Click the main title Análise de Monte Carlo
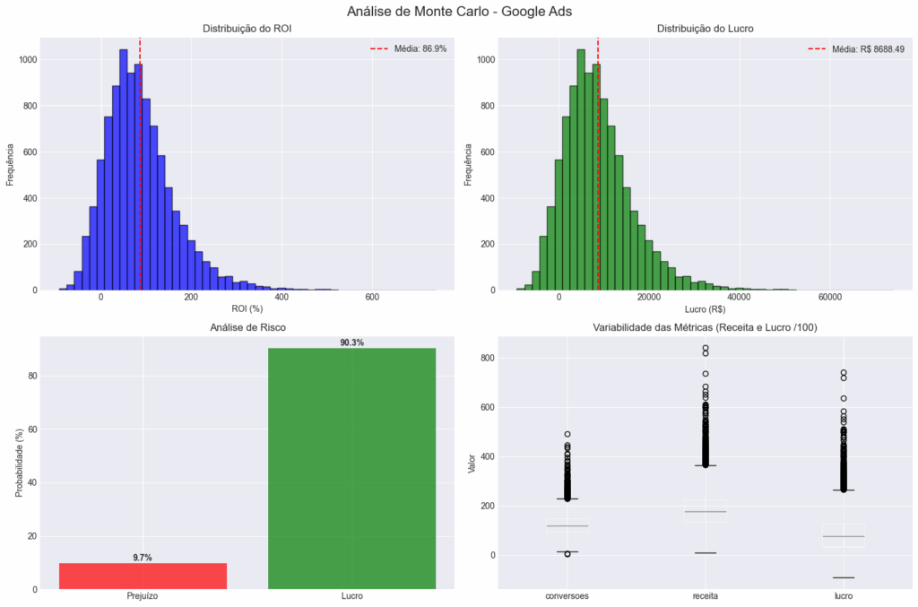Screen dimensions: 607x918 pos(459,12)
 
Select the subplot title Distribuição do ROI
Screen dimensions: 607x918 pos(247,29)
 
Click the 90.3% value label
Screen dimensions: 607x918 pos(351,343)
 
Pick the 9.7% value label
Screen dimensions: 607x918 pos(143,558)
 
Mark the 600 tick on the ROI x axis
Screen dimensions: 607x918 pos(373,298)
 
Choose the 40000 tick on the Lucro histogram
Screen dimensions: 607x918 pos(740,298)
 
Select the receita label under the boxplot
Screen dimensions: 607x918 pos(705,596)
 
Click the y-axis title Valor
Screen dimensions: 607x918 pos(472,463)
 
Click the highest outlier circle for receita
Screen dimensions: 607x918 pos(706,348)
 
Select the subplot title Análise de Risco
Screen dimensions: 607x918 pos(247,328)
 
